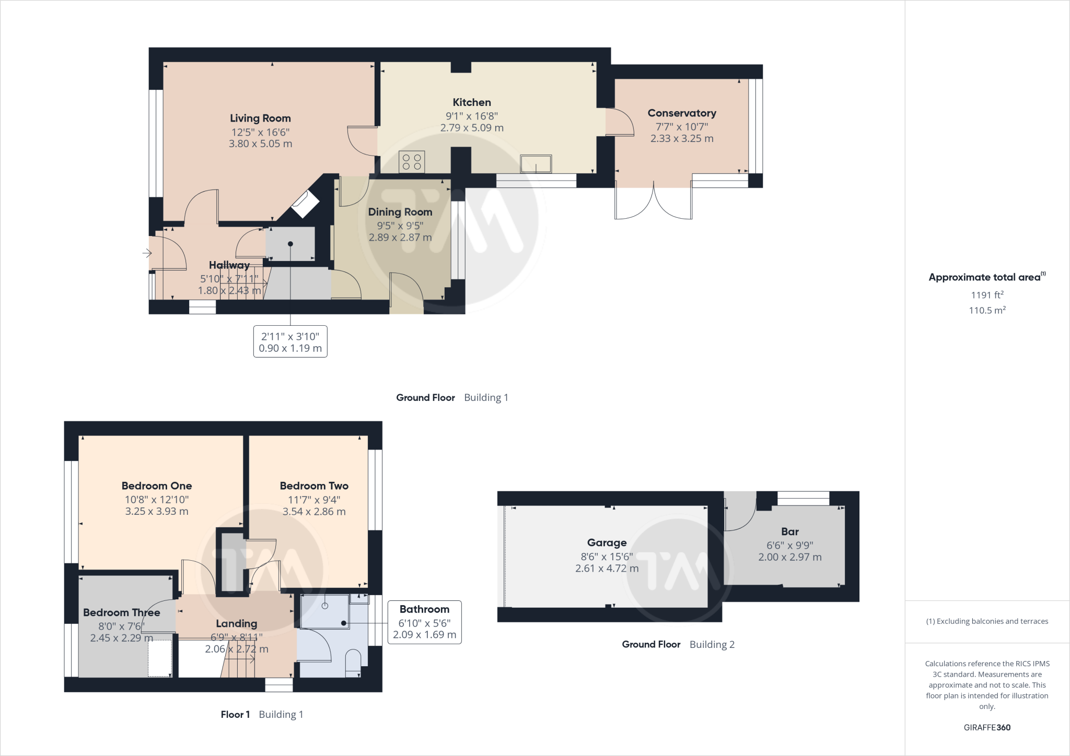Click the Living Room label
[x=260, y=119]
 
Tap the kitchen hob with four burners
[x=412, y=161]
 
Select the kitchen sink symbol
[x=536, y=163]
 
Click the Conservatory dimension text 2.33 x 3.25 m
[x=681, y=138]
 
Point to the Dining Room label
[x=400, y=212]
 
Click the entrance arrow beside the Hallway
[x=147, y=253]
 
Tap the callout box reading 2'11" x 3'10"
[x=290, y=342]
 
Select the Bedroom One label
[x=156, y=486]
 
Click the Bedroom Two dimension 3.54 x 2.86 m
[x=313, y=512]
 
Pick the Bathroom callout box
[x=424, y=622]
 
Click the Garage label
[x=606, y=543]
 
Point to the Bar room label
[x=789, y=531]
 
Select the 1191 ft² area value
[x=986, y=295]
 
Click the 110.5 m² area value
[x=986, y=310]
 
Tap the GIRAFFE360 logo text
[x=986, y=727]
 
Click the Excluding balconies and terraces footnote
[x=986, y=621]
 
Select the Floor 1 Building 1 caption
[x=262, y=714]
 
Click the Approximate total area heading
[x=986, y=277]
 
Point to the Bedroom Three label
[x=121, y=612]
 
